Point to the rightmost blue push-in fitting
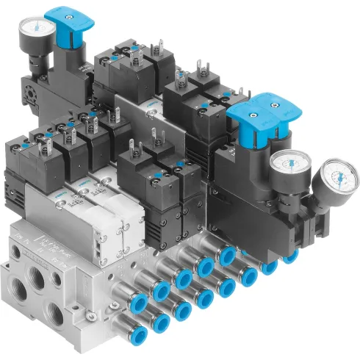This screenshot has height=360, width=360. pos(292,256)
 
